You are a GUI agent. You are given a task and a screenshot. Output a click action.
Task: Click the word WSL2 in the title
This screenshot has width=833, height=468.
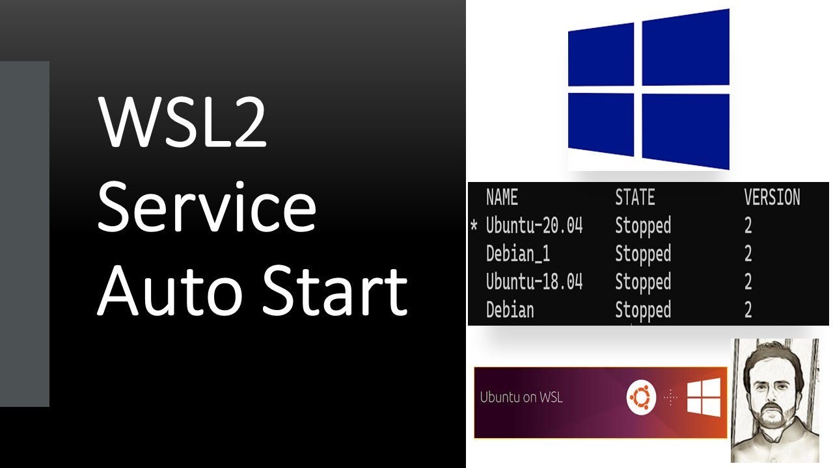[x=183, y=122]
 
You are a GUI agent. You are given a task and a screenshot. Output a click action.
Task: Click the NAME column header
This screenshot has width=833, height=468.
[x=502, y=197]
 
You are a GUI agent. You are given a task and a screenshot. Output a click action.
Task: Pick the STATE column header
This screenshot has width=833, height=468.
[x=635, y=197]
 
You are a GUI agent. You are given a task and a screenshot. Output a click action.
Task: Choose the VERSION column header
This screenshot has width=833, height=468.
[x=772, y=197]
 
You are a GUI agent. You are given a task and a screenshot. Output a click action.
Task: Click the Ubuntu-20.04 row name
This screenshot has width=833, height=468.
[x=534, y=226]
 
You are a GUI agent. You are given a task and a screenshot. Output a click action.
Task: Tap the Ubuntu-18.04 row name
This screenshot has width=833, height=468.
[x=534, y=281]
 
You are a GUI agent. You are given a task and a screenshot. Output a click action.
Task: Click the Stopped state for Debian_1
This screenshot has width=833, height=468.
[x=643, y=253]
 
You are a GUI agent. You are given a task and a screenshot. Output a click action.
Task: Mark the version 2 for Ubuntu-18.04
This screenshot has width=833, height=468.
[x=748, y=281]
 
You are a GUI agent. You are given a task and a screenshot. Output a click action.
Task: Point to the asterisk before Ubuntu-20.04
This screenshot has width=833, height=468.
[x=474, y=226]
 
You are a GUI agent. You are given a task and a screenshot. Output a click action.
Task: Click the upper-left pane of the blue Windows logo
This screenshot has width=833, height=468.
[x=601, y=55]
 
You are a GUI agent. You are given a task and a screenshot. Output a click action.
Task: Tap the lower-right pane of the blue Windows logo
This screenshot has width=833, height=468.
[x=685, y=131]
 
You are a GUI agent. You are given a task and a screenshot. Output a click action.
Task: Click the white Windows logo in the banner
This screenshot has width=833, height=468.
[x=703, y=396]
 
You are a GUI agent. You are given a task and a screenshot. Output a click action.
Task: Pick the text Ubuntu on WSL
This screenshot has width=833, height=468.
[x=521, y=397]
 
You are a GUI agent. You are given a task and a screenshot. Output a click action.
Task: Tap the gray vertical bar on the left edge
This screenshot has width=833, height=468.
[x=25, y=234]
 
